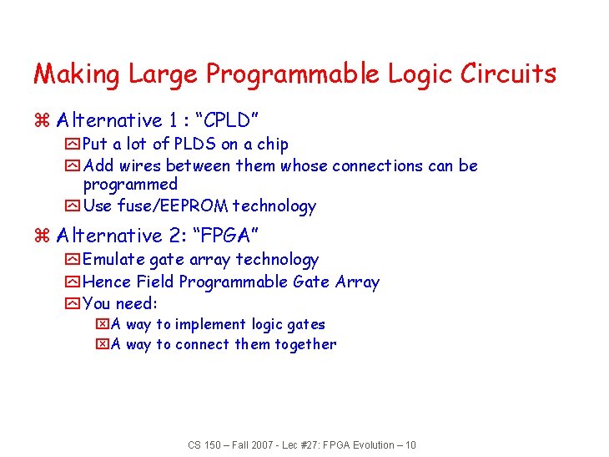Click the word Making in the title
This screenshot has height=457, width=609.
coord(77,74)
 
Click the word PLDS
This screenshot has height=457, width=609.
coord(194,145)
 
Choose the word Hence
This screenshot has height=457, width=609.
coord(107,282)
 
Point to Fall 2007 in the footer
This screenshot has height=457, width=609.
coord(248,445)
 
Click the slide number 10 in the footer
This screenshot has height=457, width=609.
coord(409,445)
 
